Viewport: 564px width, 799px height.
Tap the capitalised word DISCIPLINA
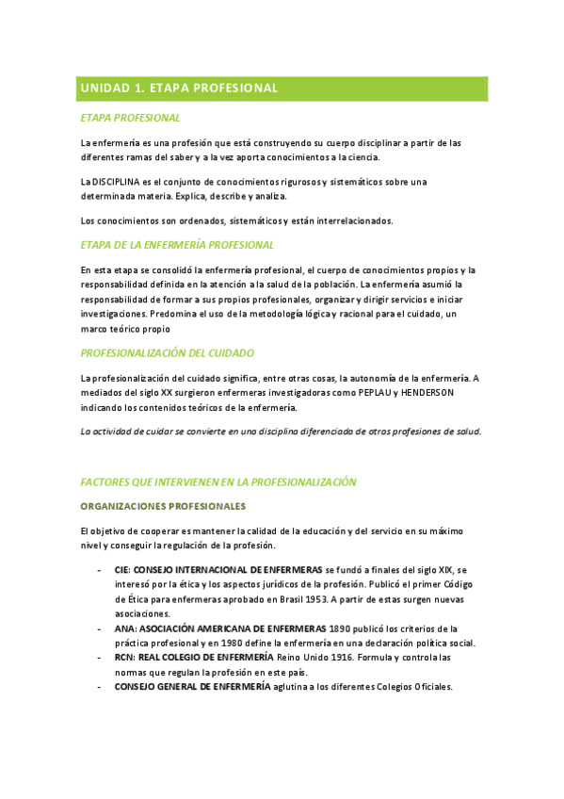coord(119,181)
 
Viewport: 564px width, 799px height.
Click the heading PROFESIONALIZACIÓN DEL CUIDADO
coord(168,353)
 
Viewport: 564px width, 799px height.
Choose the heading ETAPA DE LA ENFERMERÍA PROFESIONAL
coord(177,245)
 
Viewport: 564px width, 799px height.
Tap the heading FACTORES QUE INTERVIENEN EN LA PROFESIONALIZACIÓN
coord(218,481)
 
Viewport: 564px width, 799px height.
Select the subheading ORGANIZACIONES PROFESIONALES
coord(163,506)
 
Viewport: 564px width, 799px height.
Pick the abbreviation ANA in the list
coord(124,628)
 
